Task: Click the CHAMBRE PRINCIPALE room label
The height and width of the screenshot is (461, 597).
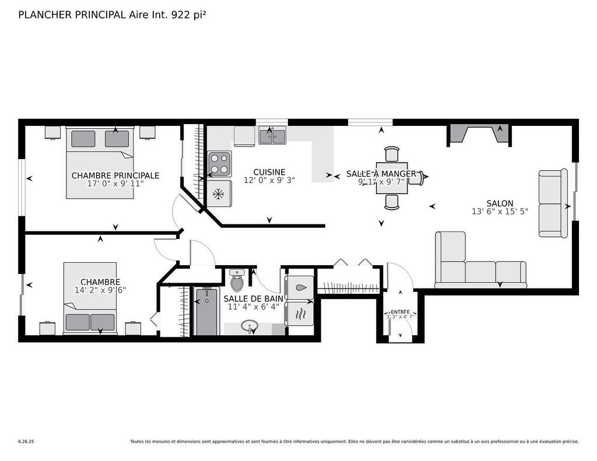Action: [115, 175]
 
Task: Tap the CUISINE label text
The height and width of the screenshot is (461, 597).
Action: [269, 172]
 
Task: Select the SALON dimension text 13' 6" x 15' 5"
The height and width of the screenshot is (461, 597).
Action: [500, 212]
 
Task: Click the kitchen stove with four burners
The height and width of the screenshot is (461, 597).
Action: [220, 164]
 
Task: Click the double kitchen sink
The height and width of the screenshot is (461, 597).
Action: [272, 136]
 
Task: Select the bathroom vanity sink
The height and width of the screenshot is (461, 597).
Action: [251, 327]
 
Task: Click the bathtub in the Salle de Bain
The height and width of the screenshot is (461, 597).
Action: [206, 311]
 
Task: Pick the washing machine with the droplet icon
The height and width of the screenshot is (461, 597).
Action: [299, 287]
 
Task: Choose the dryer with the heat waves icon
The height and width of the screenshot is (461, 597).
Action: [299, 314]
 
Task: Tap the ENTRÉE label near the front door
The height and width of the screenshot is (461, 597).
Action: [400, 311]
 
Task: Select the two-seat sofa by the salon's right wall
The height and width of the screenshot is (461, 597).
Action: [553, 203]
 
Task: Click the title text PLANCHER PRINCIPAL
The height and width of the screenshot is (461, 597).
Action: [72, 15]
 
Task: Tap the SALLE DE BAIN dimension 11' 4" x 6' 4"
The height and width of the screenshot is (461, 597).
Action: [254, 307]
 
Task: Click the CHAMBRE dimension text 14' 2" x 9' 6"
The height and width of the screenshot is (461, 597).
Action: [100, 290]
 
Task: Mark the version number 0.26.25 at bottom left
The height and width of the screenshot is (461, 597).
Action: [26, 442]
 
